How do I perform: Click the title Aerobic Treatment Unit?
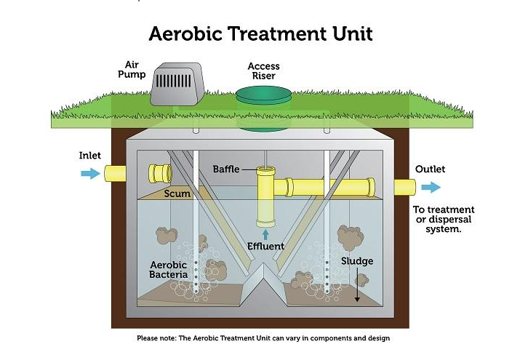point(260,33)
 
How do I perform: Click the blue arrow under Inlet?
point(90,174)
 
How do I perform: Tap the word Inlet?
point(90,156)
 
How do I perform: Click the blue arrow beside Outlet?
point(431,188)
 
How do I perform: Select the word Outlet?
point(430,169)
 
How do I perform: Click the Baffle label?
point(226,169)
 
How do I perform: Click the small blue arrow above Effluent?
point(265,233)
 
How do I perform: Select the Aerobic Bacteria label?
point(169,270)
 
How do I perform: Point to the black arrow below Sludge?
point(357,289)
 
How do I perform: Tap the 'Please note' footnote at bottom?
point(263,338)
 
